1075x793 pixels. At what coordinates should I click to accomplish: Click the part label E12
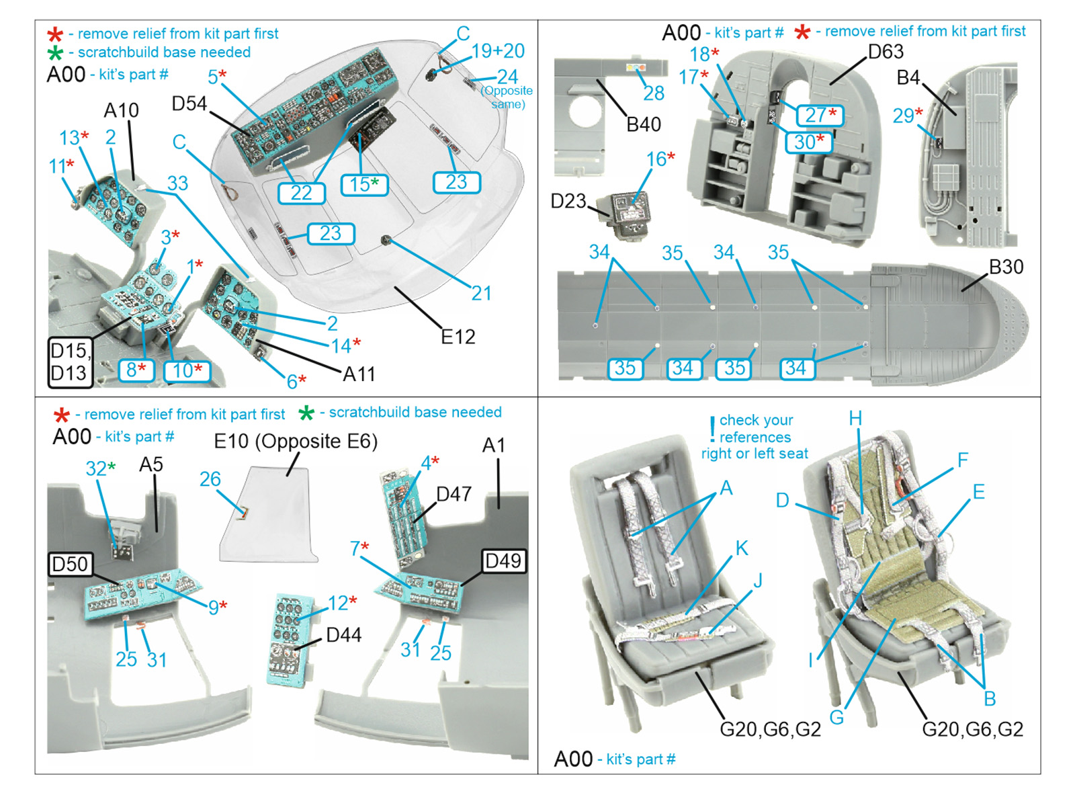click(x=458, y=336)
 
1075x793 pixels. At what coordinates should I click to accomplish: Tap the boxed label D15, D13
click(x=69, y=362)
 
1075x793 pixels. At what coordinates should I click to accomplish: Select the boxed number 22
click(x=301, y=193)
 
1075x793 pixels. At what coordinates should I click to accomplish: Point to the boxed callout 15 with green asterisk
click(x=363, y=184)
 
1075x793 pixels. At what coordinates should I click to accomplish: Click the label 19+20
click(x=498, y=51)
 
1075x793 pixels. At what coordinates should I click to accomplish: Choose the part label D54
click(x=189, y=103)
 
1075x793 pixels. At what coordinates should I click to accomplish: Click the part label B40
click(x=644, y=124)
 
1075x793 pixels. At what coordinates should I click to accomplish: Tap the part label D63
click(x=886, y=52)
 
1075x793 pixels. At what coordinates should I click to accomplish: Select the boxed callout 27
click(x=820, y=115)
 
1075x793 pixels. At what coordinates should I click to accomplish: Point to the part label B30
click(x=1006, y=267)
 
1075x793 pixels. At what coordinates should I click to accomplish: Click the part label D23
click(x=568, y=201)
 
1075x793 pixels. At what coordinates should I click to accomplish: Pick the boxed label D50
click(x=70, y=564)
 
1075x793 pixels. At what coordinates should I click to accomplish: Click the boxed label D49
click(x=503, y=560)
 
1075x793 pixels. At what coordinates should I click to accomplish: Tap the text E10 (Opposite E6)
click(x=296, y=441)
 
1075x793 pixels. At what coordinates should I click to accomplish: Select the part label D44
click(x=343, y=634)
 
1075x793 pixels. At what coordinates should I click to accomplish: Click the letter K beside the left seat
click(x=741, y=548)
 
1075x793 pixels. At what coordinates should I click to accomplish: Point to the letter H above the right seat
click(x=855, y=419)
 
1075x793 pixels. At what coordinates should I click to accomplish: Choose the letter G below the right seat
click(x=836, y=717)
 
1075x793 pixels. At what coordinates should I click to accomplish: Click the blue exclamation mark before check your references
click(x=712, y=429)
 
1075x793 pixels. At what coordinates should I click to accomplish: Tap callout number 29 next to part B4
click(x=904, y=116)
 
